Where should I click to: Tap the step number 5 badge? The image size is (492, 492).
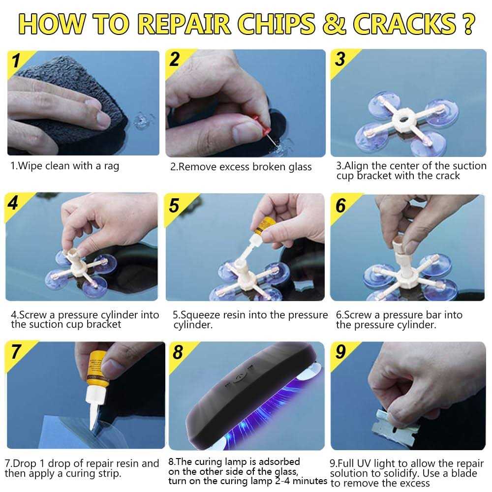175,206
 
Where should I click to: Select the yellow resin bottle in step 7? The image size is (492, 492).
97,369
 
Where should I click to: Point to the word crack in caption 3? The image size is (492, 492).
446,176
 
